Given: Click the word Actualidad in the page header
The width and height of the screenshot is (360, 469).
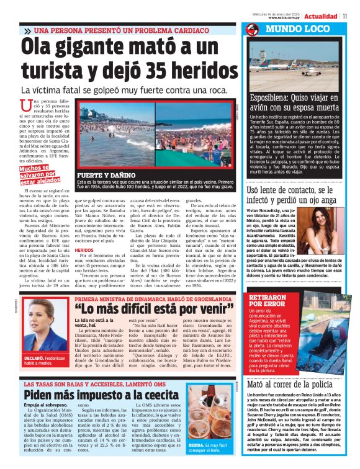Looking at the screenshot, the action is (320, 16).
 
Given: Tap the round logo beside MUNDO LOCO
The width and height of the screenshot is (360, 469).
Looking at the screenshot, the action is (251, 30).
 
